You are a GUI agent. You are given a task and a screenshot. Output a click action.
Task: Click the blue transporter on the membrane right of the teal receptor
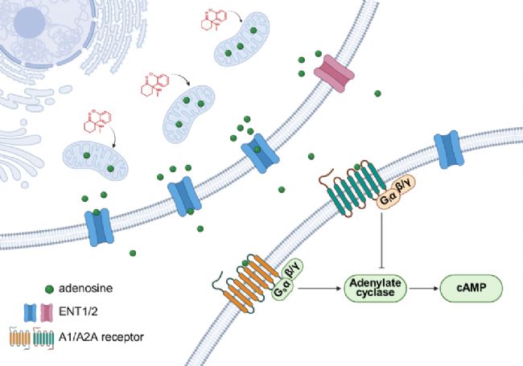tap(449, 150)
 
